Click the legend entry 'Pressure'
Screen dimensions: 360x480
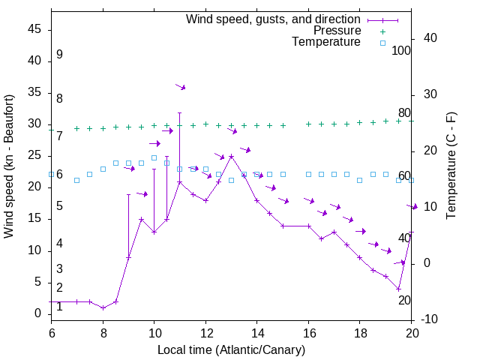337,31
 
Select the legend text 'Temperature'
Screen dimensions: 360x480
326,43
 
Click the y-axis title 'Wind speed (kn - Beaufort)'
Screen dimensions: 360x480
9,166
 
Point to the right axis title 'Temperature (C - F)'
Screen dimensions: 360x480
451,166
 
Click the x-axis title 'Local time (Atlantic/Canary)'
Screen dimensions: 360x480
231,350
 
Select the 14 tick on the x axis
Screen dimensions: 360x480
256,331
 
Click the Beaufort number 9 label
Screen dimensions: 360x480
59,55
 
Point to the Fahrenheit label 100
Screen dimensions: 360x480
401,51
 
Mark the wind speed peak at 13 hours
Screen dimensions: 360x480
231,156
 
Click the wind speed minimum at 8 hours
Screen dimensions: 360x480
103,307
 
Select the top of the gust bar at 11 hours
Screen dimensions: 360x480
179,112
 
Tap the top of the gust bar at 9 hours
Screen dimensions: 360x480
128,194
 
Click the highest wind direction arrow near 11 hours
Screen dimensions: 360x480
180,87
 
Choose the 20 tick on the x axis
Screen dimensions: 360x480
411,331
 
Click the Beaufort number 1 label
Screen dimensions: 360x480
59,307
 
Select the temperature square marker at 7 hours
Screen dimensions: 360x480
76,180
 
